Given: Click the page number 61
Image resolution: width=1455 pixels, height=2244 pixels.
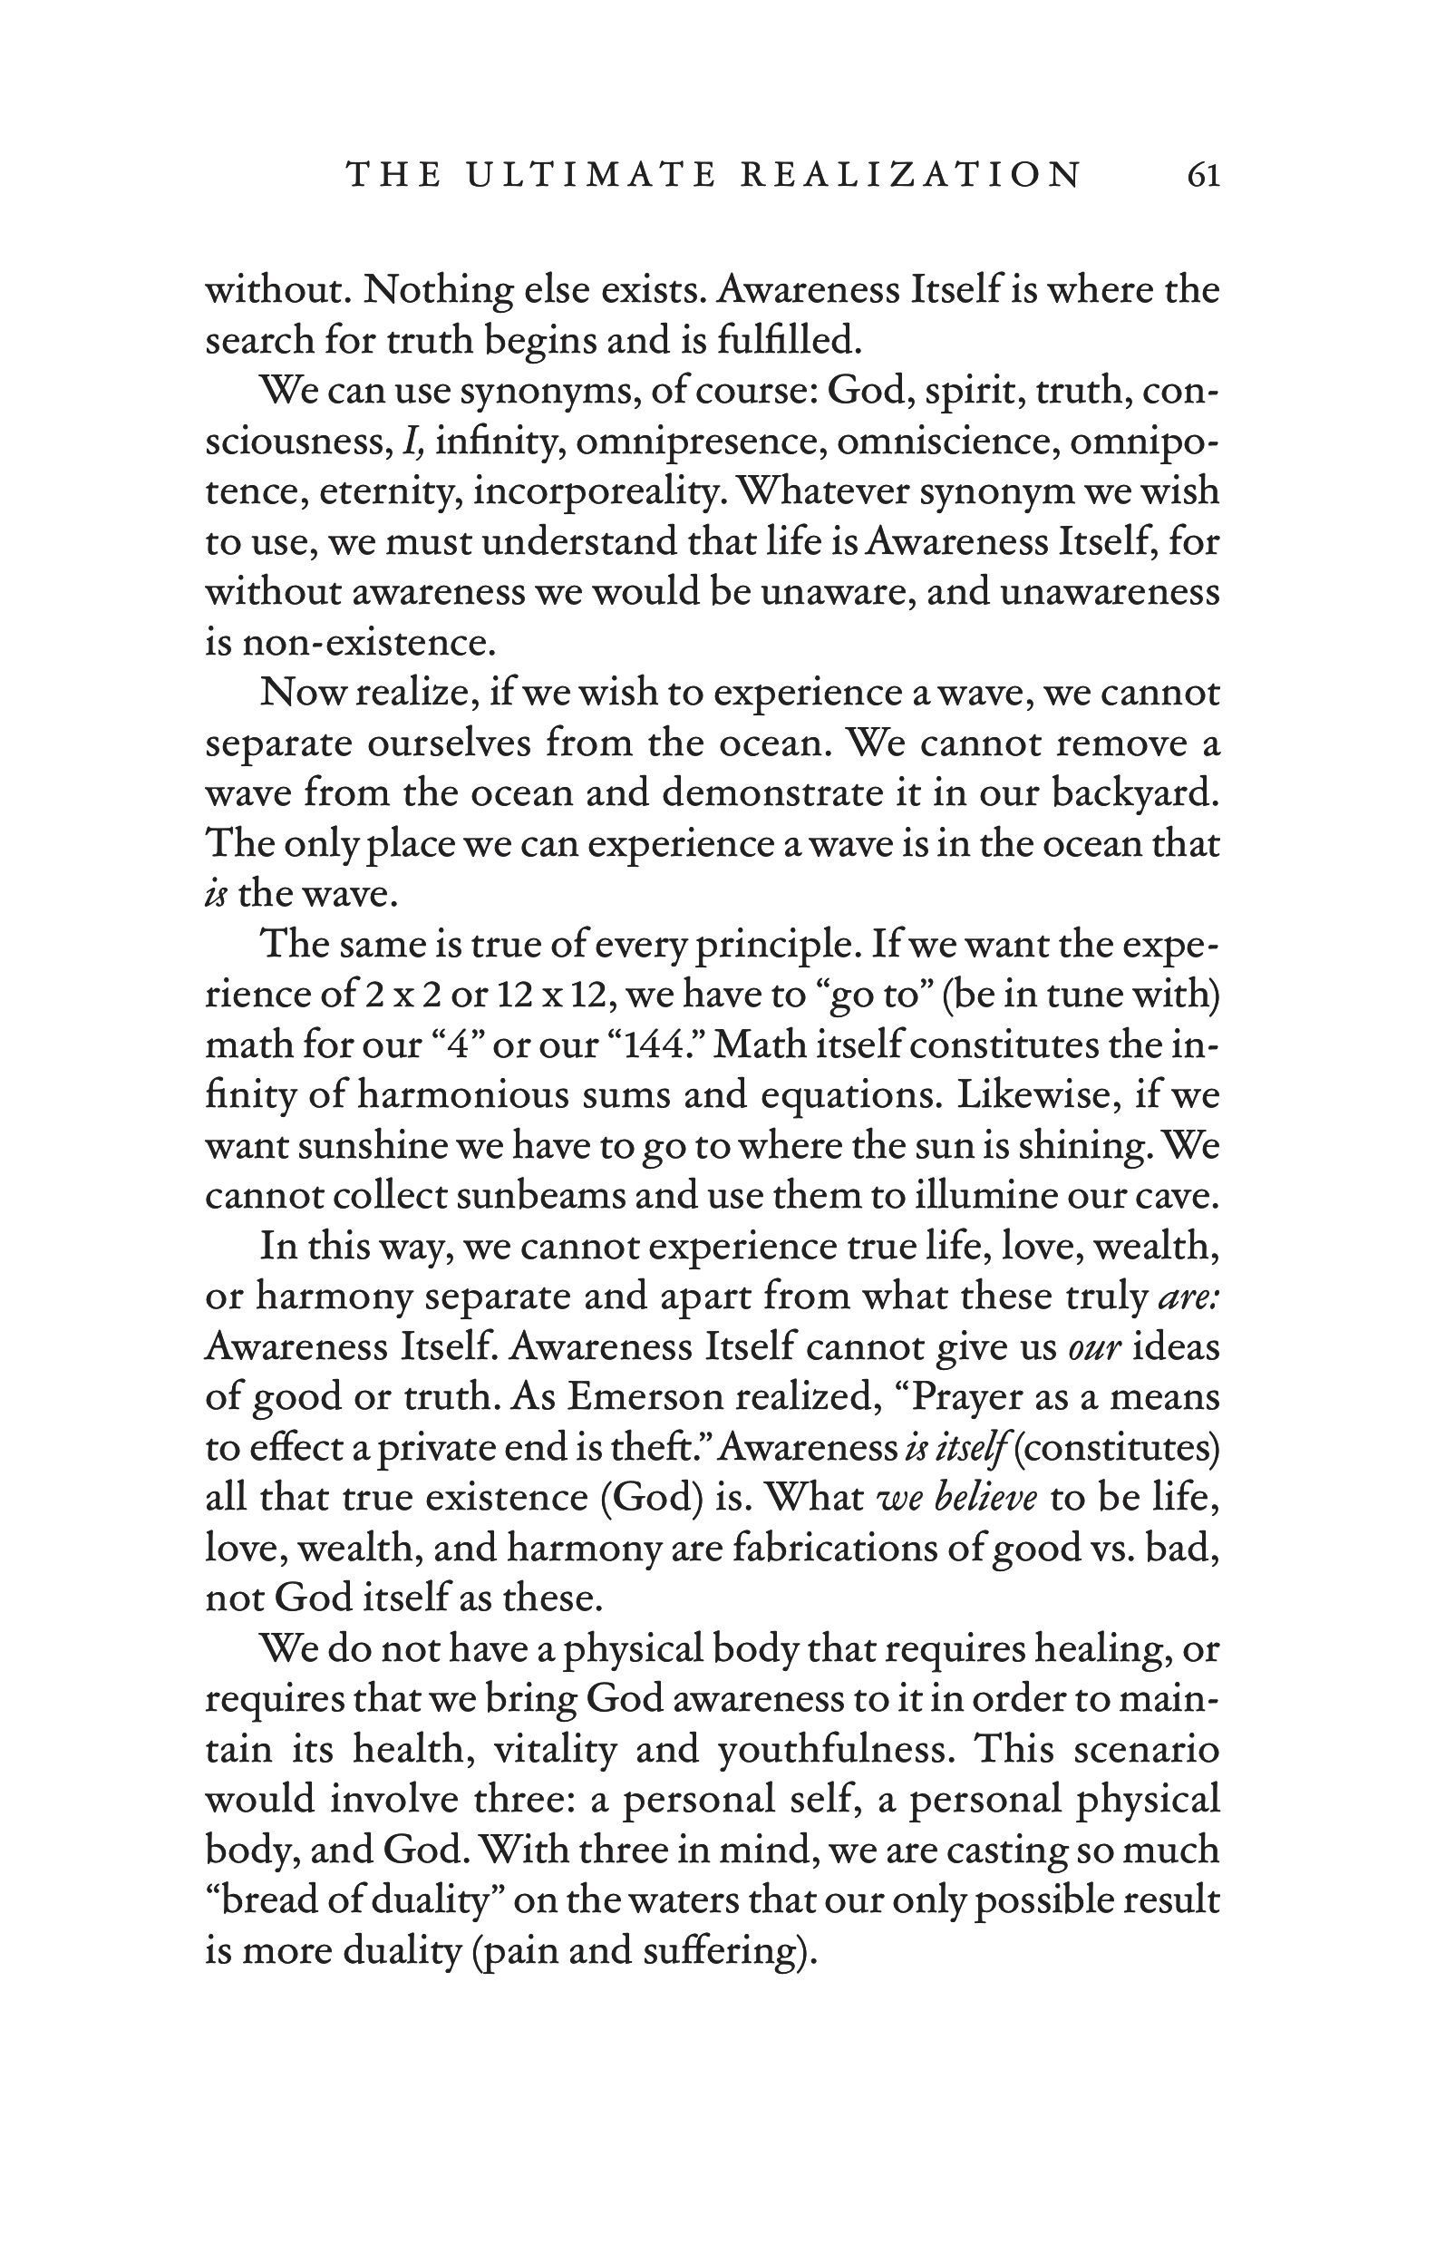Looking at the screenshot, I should (1203, 174).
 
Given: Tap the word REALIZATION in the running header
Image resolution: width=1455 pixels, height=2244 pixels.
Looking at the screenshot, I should (911, 174).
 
